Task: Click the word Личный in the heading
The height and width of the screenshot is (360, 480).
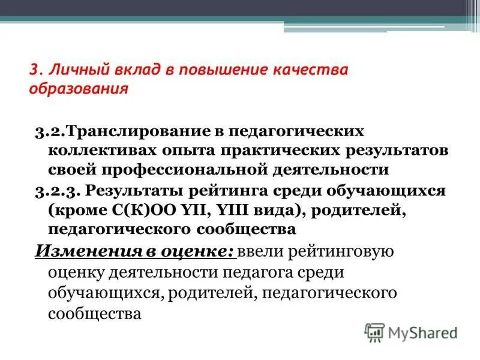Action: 71,71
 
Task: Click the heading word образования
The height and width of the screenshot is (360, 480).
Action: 79,89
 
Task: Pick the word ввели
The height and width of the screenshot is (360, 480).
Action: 259,251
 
